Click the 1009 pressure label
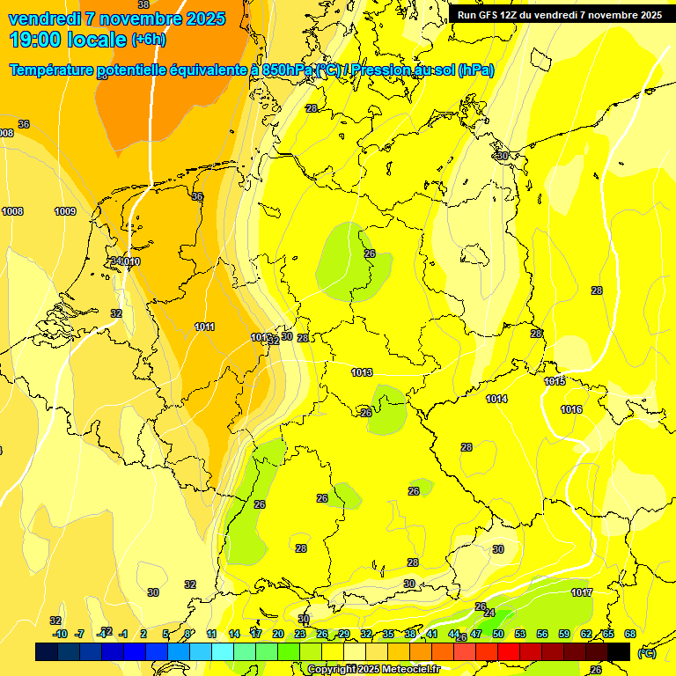[65, 211]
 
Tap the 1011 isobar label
[204, 327]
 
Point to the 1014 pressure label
[496, 399]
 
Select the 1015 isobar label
[555, 381]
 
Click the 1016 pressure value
[571, 409]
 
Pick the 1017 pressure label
[581, 592]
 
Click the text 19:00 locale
[69, 39]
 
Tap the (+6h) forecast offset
[148, 40]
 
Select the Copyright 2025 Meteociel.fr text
[373, 670]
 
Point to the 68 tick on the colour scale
[630, 634]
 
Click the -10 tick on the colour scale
[60, 634]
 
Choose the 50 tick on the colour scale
[497, 634]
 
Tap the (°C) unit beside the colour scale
[647, 653]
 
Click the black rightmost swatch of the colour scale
[619, 651]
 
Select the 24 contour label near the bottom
[489, 613]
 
